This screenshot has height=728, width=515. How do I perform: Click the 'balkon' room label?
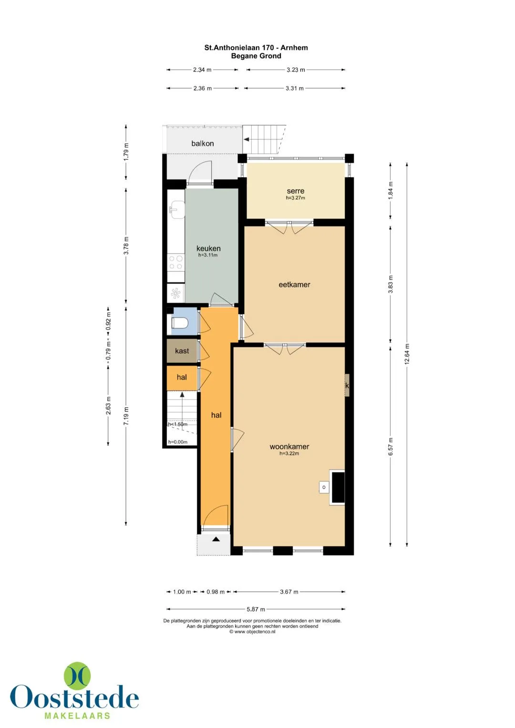click(202, 144)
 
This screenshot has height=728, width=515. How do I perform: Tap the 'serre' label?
click(295, 191)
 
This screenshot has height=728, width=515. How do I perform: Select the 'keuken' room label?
click(208, 248)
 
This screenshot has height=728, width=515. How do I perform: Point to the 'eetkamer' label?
click(294, 285)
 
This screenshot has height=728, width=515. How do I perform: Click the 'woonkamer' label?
click(289, 447)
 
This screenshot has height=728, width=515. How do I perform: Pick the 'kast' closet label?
click(182, 351)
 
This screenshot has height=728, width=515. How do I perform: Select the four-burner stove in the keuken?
click(176, 262)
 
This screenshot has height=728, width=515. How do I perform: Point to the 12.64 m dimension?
click(407, 354)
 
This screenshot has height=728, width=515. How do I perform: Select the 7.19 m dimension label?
click(126, 416)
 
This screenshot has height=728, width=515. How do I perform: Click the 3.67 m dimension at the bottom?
click(289, 592)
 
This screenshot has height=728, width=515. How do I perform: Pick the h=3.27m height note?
click(296, 197)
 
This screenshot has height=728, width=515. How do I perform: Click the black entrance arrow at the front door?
click(216, 540)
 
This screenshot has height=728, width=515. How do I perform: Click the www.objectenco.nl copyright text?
click(252, 632)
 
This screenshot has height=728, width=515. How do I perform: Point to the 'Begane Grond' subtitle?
click(256, 56)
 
